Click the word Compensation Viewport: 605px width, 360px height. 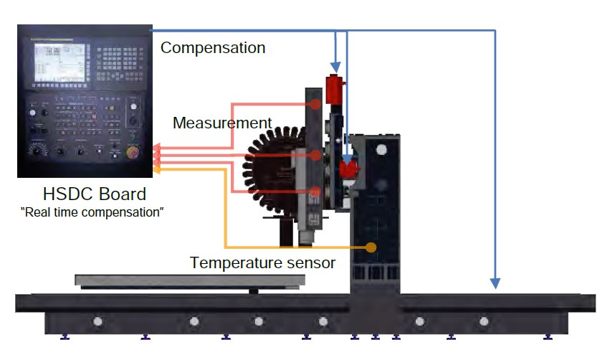[213, 48]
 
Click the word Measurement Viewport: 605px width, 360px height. [222, 123]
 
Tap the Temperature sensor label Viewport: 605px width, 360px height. [262, 262]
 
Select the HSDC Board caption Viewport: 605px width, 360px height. [95, 194]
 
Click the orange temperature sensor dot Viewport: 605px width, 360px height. [371, 247]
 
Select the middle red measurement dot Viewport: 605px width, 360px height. [316, 154]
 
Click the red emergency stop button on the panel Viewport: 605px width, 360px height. [133, 152]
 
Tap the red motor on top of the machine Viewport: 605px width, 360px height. [334, 89]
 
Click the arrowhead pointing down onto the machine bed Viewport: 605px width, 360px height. [495, 283]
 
